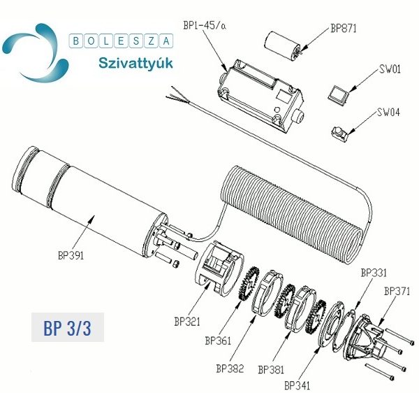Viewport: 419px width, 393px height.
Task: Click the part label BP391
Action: point(71,255)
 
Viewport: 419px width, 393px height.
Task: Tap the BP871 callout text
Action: point(344,28)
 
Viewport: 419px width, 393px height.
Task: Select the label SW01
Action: point(390,69)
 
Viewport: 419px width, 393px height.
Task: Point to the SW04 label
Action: point(388,112)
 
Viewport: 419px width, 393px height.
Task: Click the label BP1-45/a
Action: point(205,25)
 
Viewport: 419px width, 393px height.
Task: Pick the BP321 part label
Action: point(187,321)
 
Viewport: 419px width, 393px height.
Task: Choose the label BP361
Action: point(218,341)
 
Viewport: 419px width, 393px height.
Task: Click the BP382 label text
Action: point(230,369)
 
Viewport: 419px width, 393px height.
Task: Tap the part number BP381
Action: point(271,369)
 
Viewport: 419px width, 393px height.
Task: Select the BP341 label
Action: point(297,385)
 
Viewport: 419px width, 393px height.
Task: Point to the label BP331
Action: point(374,273)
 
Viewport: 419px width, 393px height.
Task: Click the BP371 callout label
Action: point(397,291)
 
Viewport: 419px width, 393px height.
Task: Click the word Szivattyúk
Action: point(135,64)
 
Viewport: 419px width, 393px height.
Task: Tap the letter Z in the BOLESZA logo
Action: point(152,41)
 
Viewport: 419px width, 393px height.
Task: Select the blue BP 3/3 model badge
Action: point(68,327)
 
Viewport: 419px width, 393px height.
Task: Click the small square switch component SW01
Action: point(339,94)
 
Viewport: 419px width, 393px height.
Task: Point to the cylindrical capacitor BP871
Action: point(283,45)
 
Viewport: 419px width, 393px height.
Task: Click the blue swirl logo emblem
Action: point(36,52)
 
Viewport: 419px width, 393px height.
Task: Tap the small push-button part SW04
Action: point(341,133)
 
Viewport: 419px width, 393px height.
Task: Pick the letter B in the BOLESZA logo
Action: point(76,41)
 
